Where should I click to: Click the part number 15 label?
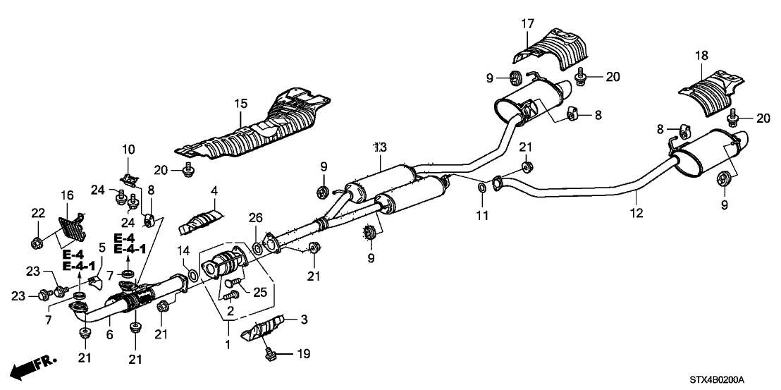pos(242,104)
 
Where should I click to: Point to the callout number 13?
pos(379,147)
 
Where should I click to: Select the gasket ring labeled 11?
pos(481,188)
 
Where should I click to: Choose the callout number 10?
pos(128,149)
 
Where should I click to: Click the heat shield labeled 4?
pos(200,223)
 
